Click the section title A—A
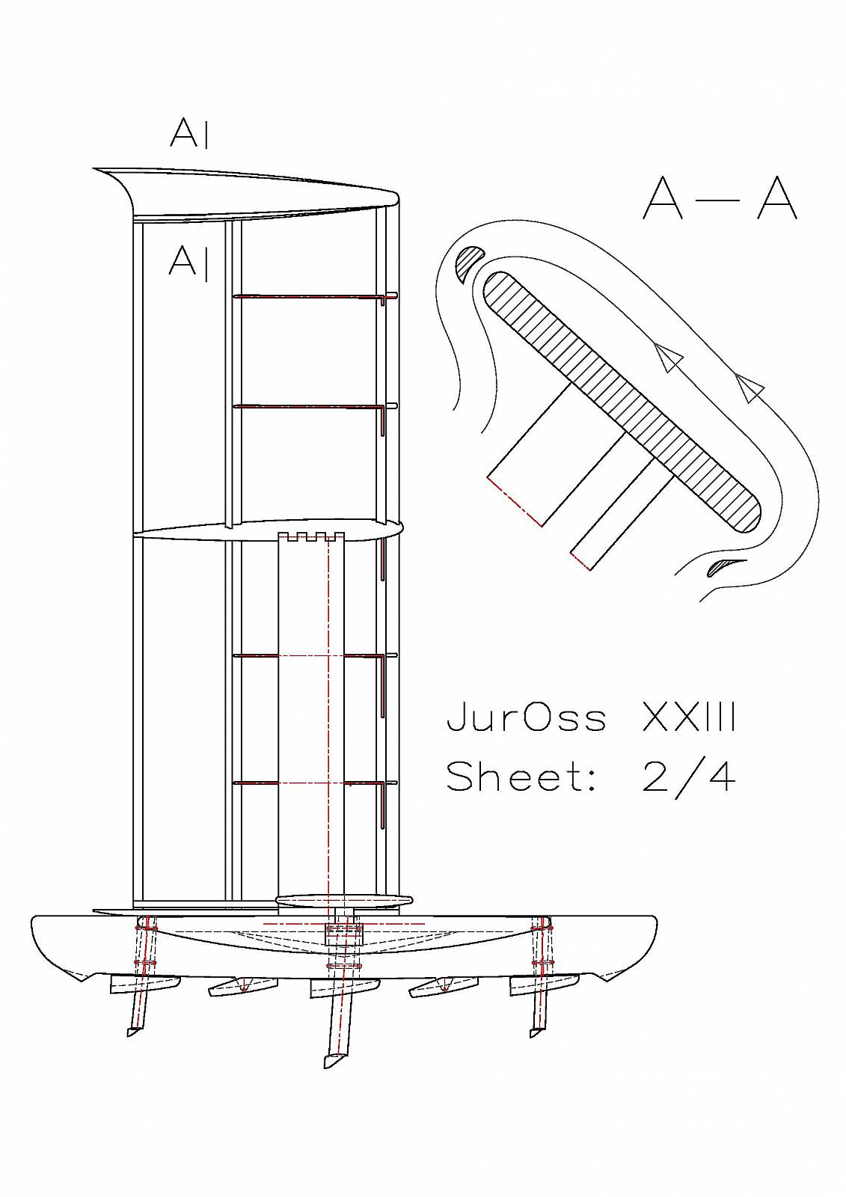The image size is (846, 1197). (x=720, y=198)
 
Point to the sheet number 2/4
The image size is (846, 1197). (x=688, y=778)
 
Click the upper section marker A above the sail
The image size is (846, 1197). (x=188, y=134)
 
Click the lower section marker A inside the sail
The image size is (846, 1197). (x=188, y=263)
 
